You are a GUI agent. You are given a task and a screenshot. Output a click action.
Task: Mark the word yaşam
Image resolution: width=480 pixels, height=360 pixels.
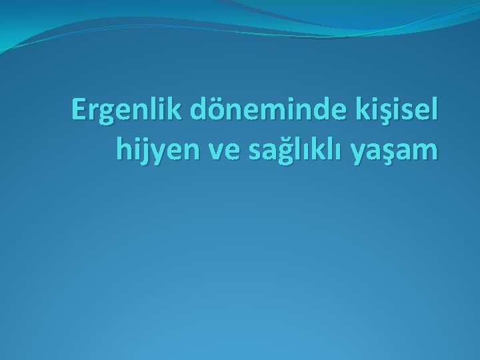(399, 151)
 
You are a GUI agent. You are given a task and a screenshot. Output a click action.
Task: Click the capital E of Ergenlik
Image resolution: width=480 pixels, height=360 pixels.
(80, 111)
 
